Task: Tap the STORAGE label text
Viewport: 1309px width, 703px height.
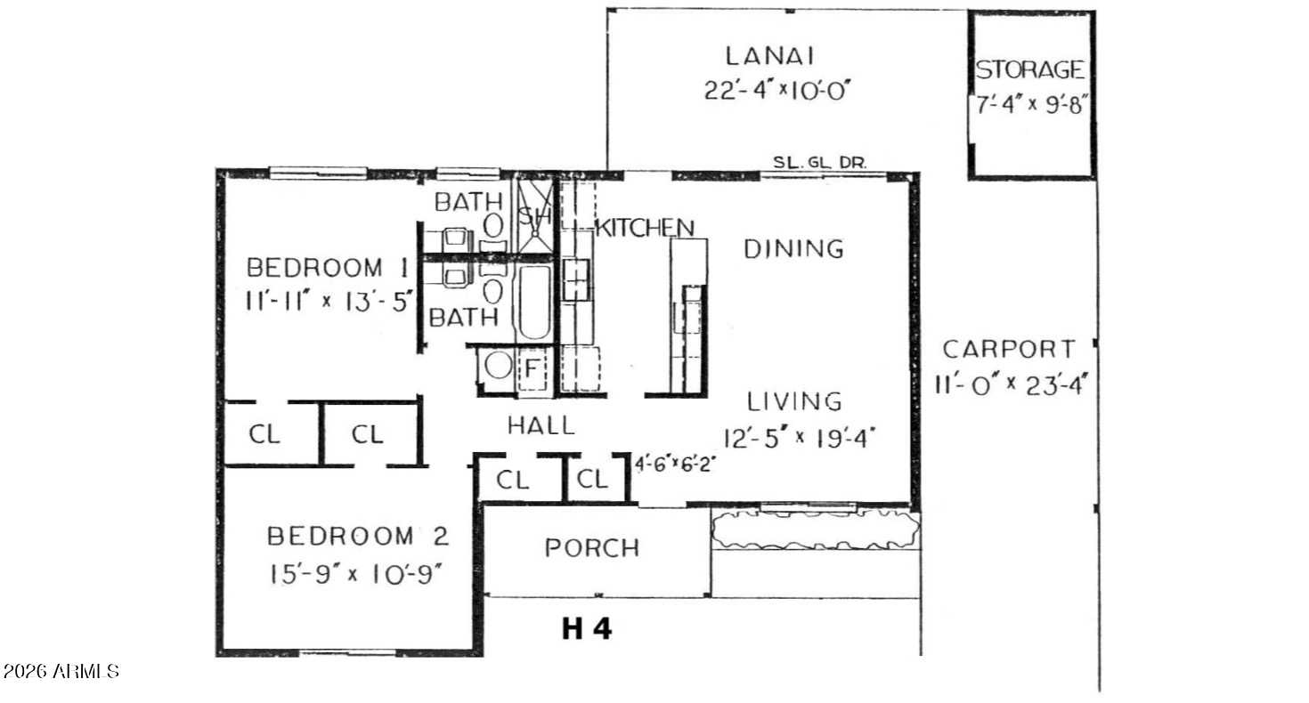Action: point(1030,69)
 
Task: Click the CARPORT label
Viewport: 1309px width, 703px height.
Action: point(1009,349)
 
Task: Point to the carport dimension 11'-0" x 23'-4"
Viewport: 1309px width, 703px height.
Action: point(1012,386)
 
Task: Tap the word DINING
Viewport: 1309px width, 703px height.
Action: point(794,249)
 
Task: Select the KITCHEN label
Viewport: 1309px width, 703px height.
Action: point(644,228)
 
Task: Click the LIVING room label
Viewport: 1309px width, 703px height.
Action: point(794,402)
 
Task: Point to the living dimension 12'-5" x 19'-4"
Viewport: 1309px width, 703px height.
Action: point(800,437)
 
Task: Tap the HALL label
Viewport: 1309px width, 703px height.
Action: point(541,426)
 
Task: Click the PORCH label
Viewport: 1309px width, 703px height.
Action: point(592,547)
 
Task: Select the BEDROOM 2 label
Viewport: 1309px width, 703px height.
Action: point(358,537)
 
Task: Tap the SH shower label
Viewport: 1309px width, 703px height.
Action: point(535,216)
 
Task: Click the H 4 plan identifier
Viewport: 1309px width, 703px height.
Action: point(587,629)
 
